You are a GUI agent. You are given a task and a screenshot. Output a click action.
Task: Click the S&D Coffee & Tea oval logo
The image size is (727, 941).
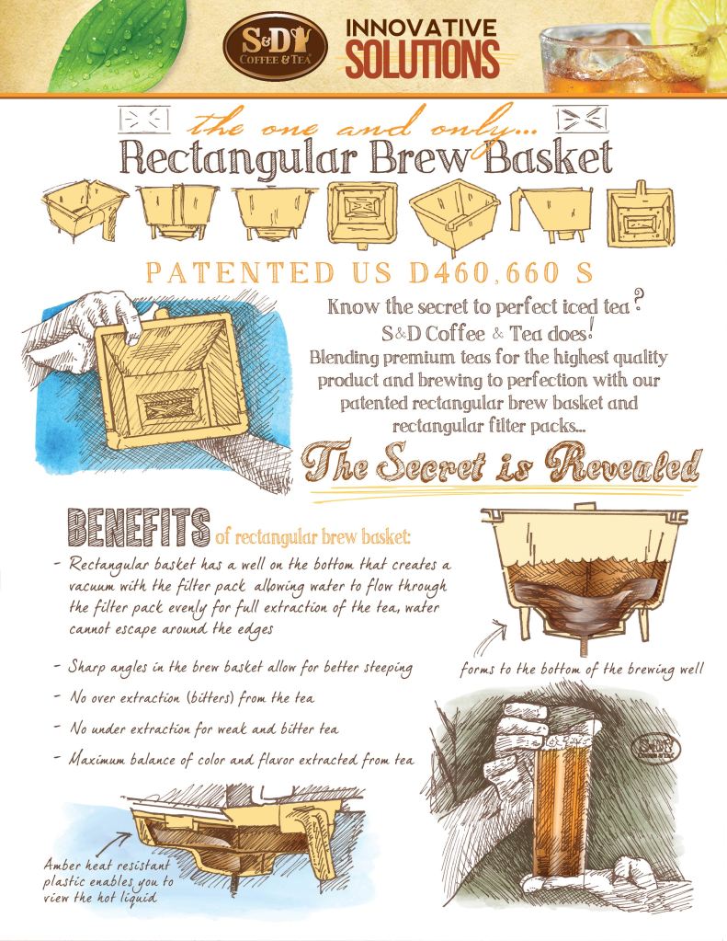coord(275,47)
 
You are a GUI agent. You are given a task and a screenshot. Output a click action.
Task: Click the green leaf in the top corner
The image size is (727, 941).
coord(114,42)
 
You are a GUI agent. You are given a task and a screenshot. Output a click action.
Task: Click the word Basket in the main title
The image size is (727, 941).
coord(549,158)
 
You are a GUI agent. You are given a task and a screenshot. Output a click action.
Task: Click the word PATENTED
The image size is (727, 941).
coord(240,273)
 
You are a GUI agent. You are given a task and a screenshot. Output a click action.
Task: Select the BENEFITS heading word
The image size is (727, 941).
coord(139,527)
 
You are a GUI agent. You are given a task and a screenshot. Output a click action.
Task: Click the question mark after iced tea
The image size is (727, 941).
coord(640,300)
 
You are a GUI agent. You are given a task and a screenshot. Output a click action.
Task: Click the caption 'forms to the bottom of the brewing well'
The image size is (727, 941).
coord(581,669)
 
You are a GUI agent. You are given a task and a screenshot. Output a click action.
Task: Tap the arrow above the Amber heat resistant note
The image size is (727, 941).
coord(114,843)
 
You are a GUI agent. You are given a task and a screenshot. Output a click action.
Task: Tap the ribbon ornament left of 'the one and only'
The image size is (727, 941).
coord(143,120)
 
